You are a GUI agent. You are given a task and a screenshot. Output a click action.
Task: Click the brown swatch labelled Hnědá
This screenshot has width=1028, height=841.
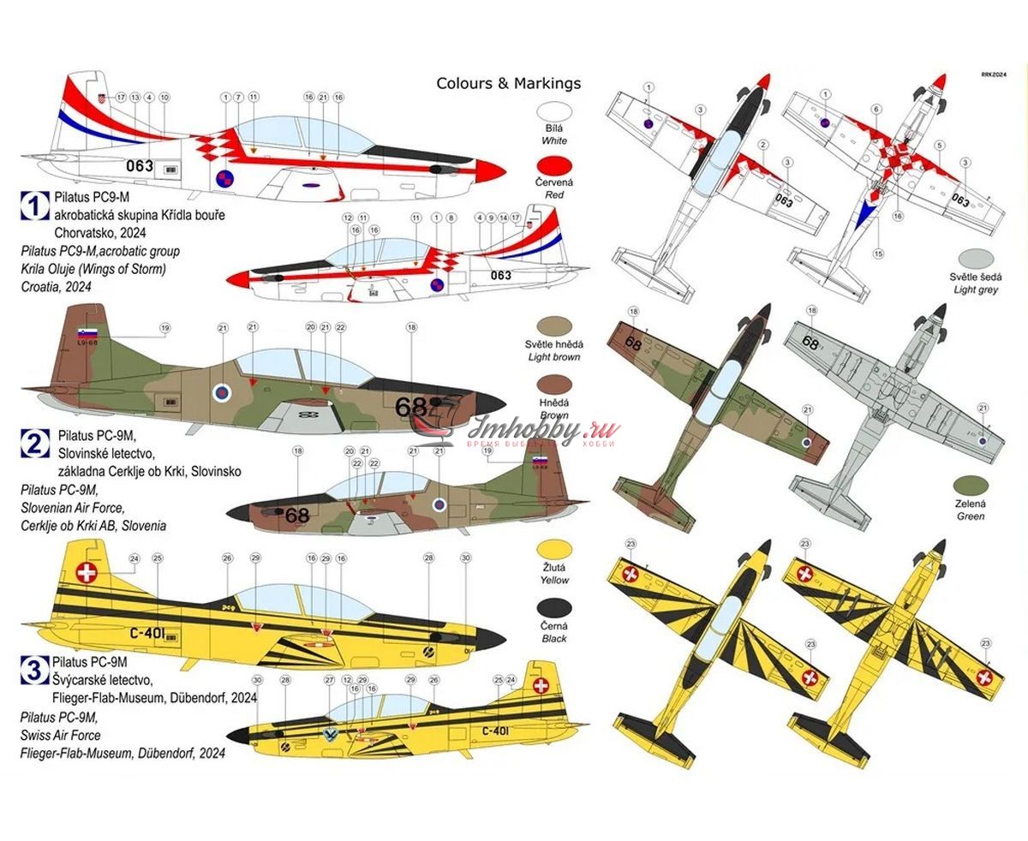pyautogui.click(x=553, y=385)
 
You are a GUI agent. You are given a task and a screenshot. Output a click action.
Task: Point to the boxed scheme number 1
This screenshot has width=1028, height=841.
pyautogui.click(x=33, y=205)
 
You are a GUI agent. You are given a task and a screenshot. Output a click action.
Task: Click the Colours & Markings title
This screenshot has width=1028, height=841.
pyautogui.click(x=508, y=83)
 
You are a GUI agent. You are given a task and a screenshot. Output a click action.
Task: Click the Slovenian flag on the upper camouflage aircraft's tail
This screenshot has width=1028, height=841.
pyautogui.click(x=87, y=333)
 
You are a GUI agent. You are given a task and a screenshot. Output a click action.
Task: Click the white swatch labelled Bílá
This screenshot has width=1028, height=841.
pyautogui.click(x=553, y=113)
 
